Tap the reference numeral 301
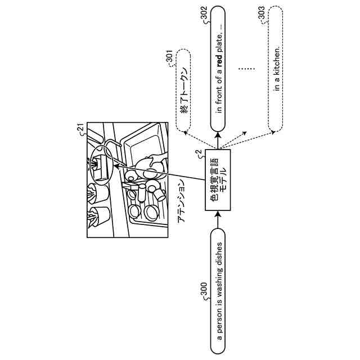coord(169,57)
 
